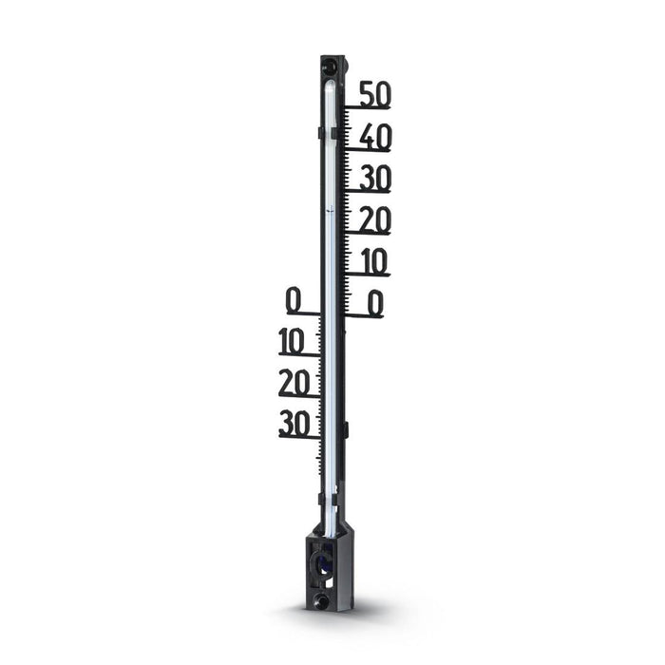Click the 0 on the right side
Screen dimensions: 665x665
pyautogui.click(x=376, y=304)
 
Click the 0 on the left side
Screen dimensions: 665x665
pyautogui.click(x=294, y=300)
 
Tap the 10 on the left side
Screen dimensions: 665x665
pyautogui.click(x=298, y=341)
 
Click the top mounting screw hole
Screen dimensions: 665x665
pyautogui.click(x=331, y=66)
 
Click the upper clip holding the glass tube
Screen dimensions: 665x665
pyautogui.click(x=321, y=133)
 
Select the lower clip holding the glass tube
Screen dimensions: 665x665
pyautogui.click(x=321, y=497)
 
